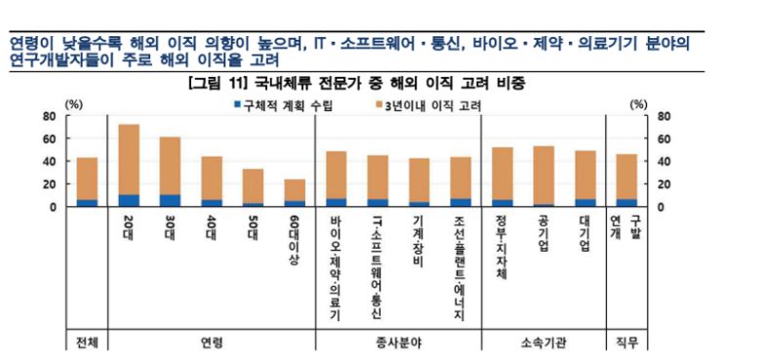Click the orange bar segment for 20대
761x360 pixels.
(129, 159)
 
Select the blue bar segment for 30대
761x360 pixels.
(170, 201)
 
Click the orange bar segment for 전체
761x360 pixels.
(87, 179)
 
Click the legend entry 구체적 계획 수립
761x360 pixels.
(296, 103)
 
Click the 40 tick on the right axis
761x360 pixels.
(665, 162)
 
